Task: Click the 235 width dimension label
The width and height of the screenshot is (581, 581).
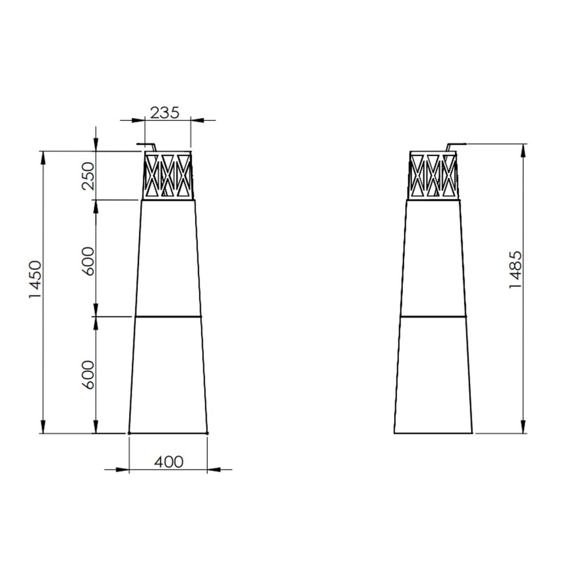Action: click(165, 113)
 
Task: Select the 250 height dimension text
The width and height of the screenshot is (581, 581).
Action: click(89, 176)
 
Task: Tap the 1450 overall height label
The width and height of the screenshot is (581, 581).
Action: click(36, 280)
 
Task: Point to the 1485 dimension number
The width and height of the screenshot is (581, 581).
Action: click(515, 270)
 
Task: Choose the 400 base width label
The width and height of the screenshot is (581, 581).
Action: click(169, 462)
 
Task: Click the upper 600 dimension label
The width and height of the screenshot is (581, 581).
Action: click(88, 261)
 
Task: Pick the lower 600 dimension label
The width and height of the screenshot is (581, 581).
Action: click(88, 374)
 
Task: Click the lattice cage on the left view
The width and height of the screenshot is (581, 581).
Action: click(168, 176)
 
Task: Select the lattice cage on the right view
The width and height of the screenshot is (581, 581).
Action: click(433, 176)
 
